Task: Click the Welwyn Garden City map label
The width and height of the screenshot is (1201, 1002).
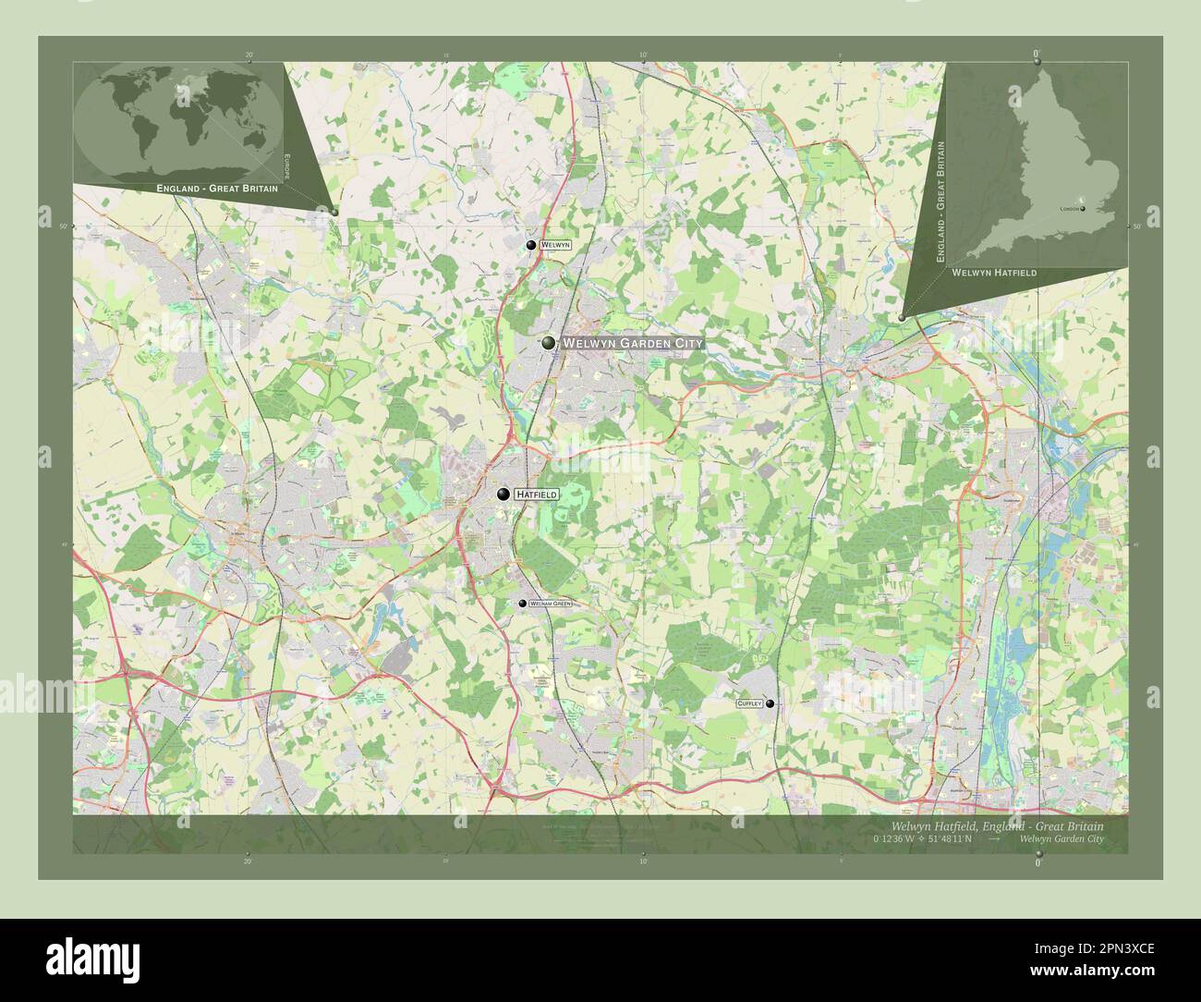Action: [633, 343]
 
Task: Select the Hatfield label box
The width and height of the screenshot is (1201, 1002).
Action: [537, 495]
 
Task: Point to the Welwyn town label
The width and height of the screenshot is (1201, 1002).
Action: [555, 245]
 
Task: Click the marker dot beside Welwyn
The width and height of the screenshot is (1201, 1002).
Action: [531, 245]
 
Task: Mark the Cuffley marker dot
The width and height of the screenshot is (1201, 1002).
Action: [770, 703]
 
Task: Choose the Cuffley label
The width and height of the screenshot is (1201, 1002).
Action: [749, 703]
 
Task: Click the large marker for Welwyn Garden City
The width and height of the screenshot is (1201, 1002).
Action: [549, 343]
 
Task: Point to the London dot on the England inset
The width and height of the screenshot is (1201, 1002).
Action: [1082, 209]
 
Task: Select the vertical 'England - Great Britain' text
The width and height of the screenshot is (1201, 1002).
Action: [941, 202]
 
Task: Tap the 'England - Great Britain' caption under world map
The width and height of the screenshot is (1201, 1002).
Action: [217, 188]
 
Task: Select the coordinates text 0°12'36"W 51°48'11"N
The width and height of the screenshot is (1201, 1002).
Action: [921, 839]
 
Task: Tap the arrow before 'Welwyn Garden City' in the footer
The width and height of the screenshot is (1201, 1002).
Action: [994, 839]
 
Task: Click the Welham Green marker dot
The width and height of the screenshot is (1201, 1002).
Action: [523, 604]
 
